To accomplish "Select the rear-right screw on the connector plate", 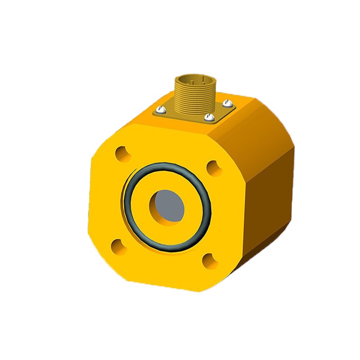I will pyautogui.click(x=228, y=103).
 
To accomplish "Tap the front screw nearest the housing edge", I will pyautogui.click(x=208, y=117).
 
